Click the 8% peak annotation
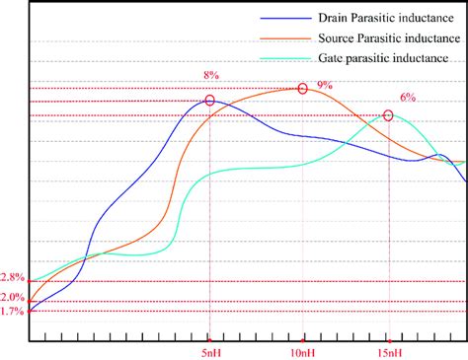(209, 74)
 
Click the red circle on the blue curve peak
(209, 100)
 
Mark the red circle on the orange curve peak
(302, 89)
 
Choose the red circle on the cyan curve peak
(388, 115)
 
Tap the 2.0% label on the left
(13, 297)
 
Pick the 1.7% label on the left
(13, 312)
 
